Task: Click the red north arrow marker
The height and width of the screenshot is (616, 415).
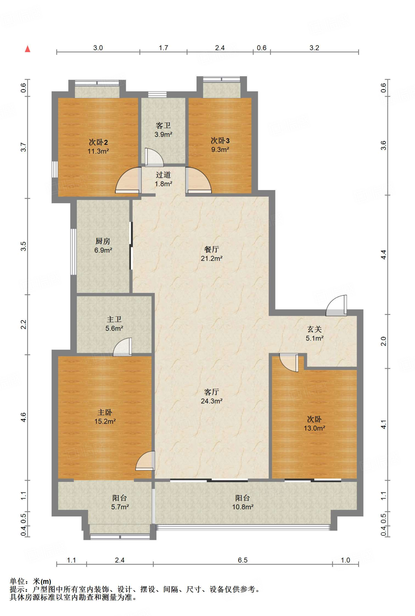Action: click(x=28, y=49)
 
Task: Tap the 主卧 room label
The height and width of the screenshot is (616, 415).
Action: click(x=105, y=412)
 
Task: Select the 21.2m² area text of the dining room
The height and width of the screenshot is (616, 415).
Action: click(x=212, y=258)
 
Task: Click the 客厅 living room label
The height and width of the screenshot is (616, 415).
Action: click(x=212, y=392)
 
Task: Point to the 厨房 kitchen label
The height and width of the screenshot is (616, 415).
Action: click(x=103, y=241)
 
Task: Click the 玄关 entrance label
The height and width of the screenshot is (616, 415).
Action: click(x=314, y=329)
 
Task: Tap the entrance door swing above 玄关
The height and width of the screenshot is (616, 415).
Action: click(x=336, y=305)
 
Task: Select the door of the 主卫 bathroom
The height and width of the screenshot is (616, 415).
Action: click(x=122, y=347)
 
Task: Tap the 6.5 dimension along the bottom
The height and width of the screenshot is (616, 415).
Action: click(x=243, y=560)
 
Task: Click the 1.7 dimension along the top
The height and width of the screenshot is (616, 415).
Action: click(x=163, y=48)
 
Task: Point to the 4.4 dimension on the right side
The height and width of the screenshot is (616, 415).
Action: click(x=383, y=255)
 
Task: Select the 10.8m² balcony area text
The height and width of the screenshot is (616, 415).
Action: click(x=243, y=507)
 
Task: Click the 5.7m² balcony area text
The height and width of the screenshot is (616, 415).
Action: click(x=120, y=507)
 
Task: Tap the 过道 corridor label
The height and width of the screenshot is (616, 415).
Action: click(x=163, y=175)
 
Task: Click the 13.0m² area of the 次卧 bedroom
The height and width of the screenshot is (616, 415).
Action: click(x=314, y=428)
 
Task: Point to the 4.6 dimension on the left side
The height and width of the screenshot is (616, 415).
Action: click(x=23, y=417)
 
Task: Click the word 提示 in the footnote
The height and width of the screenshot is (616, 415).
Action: click(x=17, y=589)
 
